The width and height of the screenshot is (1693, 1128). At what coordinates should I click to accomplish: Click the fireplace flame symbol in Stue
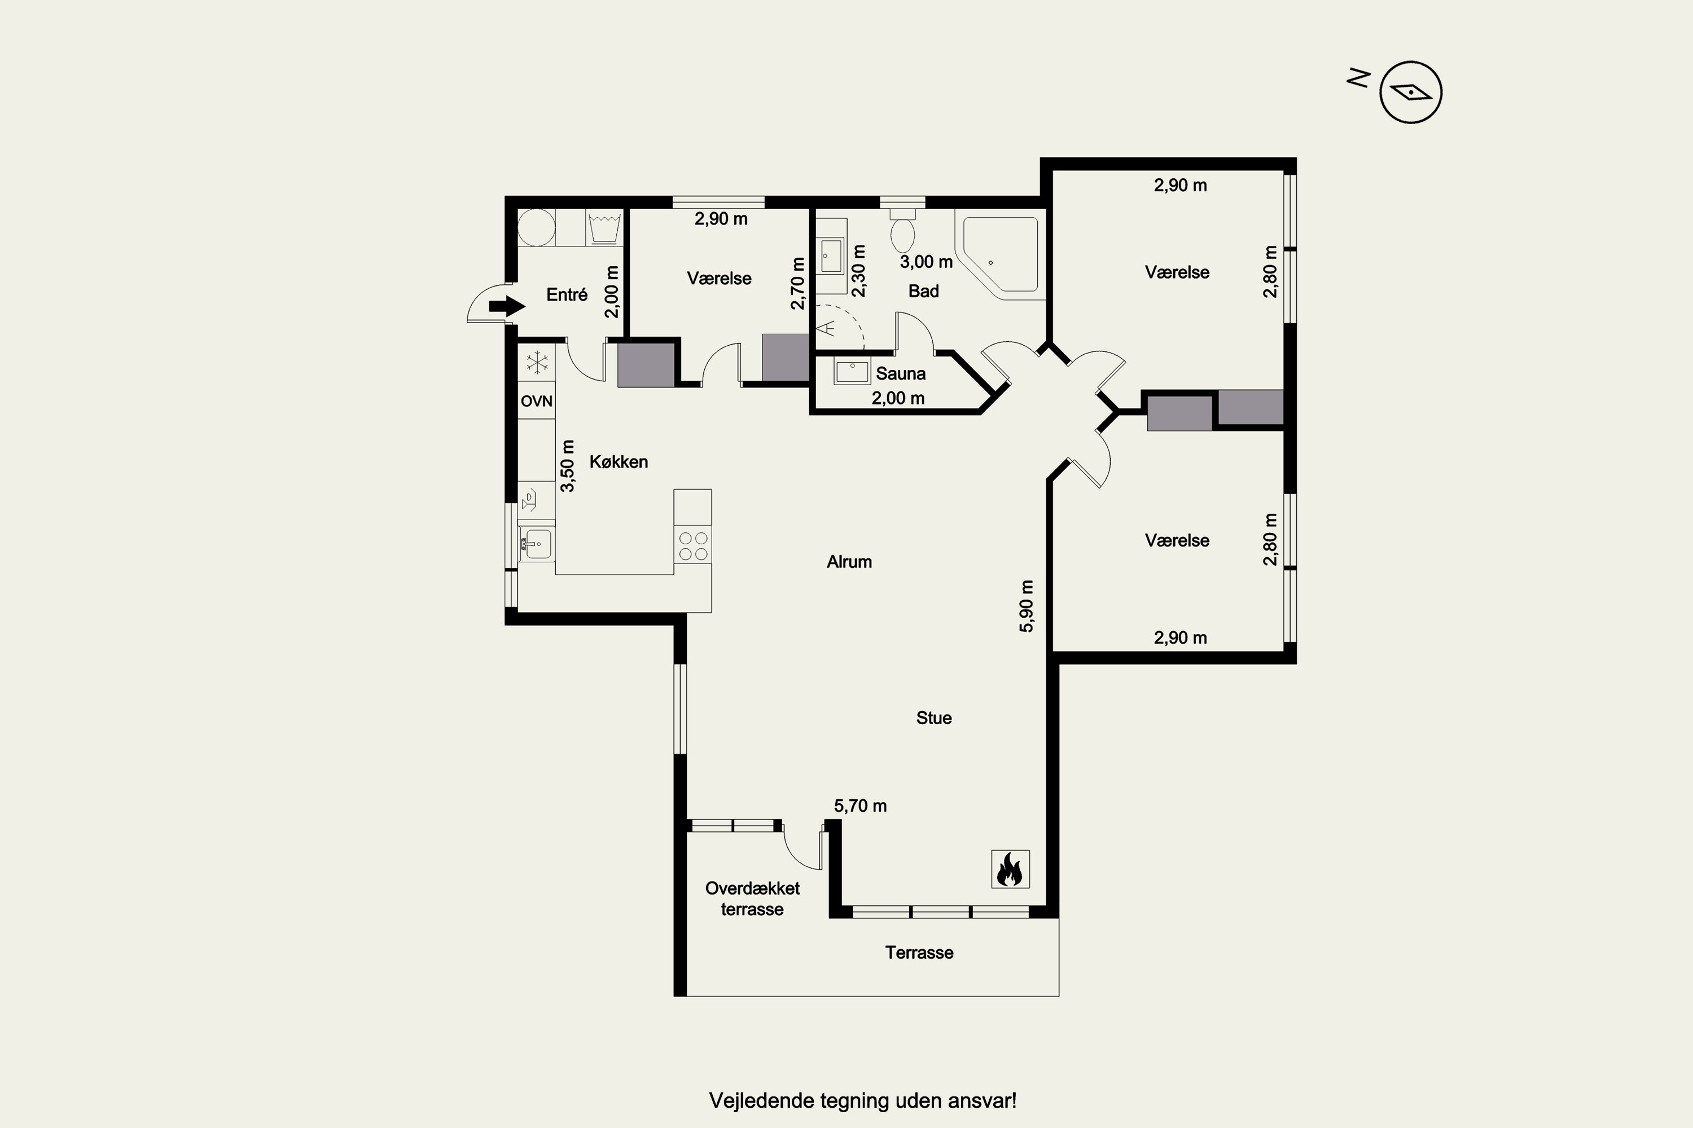point(1010,869)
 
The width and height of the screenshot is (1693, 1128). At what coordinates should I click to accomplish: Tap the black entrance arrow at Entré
point(507,306)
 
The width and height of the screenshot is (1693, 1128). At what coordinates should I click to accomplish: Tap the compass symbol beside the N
point(1411,92)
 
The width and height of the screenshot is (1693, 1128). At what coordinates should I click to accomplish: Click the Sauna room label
point(901,373)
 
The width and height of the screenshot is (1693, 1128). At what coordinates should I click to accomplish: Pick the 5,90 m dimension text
point(1027,606)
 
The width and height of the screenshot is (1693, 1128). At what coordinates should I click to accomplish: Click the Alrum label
point(849,562)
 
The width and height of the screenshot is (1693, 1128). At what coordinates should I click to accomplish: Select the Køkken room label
point(619,462)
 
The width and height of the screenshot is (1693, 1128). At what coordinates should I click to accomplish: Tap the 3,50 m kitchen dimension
point(568,465)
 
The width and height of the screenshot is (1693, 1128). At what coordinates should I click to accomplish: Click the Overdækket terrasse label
point(752,898)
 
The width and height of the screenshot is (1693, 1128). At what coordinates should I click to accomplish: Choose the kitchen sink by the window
point(535,544)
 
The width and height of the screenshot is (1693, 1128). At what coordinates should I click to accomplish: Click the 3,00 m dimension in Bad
point(927,262)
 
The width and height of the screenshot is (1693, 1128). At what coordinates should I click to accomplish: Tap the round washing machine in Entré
point(536,227)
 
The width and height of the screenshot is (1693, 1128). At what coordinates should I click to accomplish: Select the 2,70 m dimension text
point(797,284)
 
